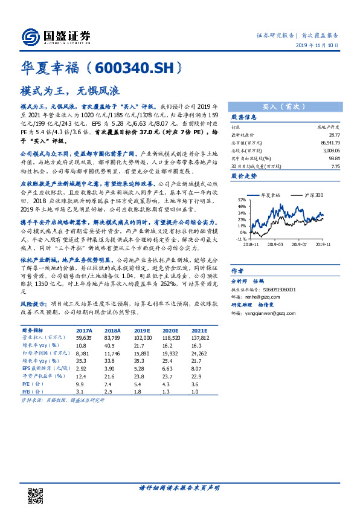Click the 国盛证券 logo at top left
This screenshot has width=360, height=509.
pyautogui.click(x=56, y=36)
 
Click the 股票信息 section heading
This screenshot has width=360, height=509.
pyautogui.click(x=244, y=117)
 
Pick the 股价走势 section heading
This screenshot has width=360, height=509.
pyautogui.click(x=244, y=176)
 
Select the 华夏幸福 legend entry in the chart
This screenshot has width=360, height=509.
pyautogui.click(x=269, y=195)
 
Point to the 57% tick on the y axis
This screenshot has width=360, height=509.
pyautogui.click(x=242, y=199)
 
